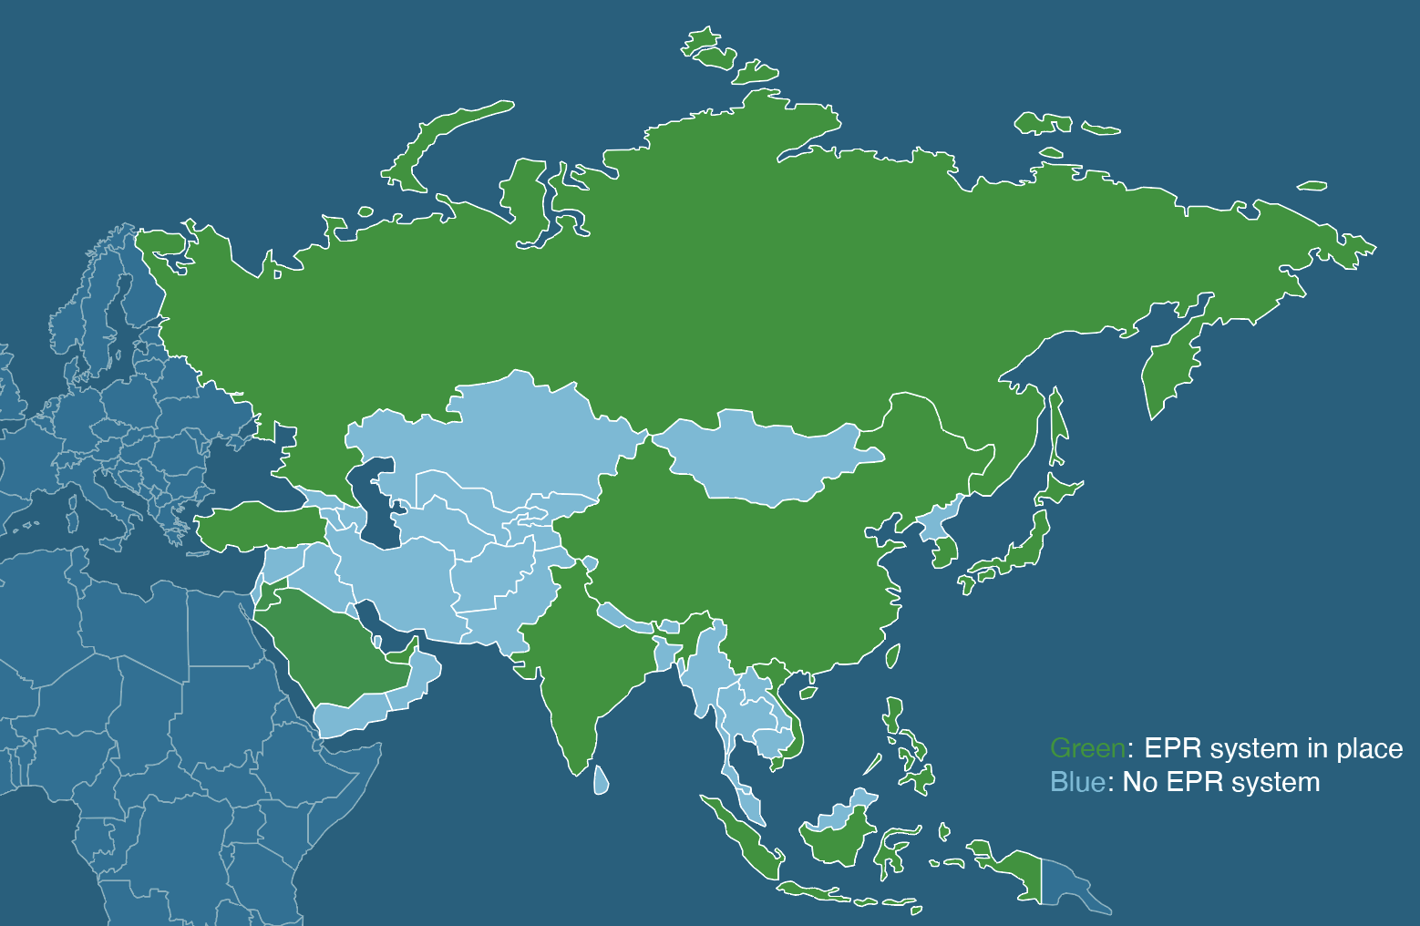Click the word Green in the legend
tap(1087, 749)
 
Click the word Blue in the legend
tap(1076, 783)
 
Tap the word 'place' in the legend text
tap(1370, 749)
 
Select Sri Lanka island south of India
tap(601, 779)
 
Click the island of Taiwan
tap(893, 655)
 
